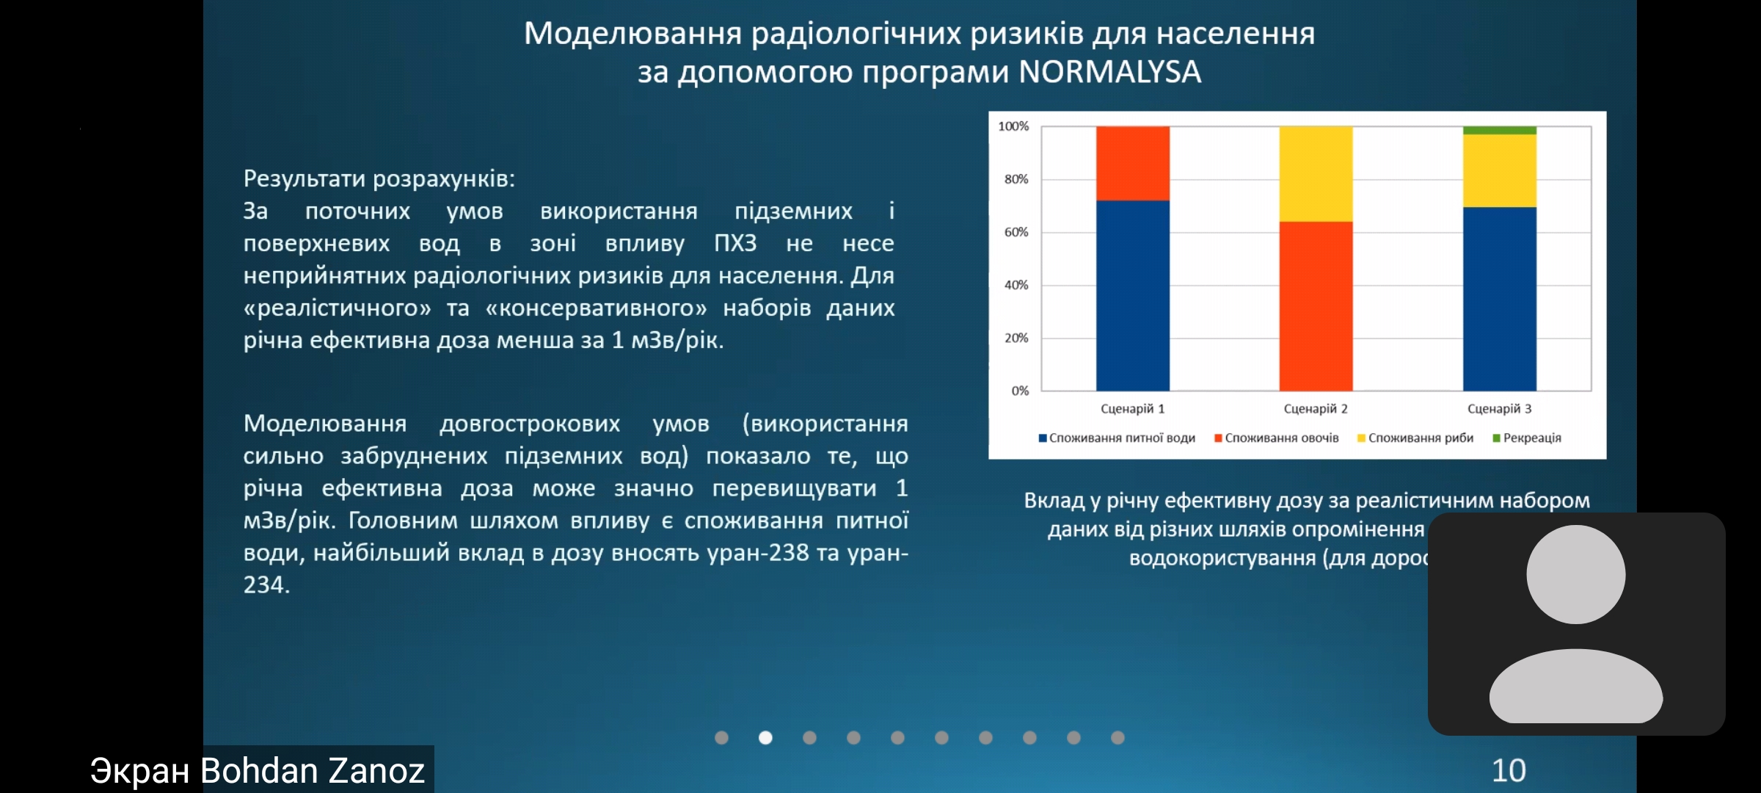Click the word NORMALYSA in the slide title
[1110, 72]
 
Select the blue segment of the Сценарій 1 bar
[1132, 295]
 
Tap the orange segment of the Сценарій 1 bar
[1132, 163]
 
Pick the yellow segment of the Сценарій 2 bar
[1316, 173]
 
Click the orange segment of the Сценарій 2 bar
[1316, 305]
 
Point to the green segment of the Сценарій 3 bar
[1499, 131]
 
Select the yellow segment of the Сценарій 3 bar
[1499, 170]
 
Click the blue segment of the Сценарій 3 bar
[1499, 298]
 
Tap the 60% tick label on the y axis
[1016, 232]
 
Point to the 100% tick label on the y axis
[1013, 126]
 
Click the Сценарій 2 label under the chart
[1316, 409]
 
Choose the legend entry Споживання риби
[1420, 438]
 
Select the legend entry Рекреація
[1531, 438]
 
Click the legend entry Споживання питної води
[1121, 438]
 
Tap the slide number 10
[1509, 770]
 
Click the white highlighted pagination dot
[765, 737]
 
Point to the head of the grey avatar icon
[1576, 574]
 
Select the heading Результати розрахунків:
[379, 178]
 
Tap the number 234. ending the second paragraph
[266, 584]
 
